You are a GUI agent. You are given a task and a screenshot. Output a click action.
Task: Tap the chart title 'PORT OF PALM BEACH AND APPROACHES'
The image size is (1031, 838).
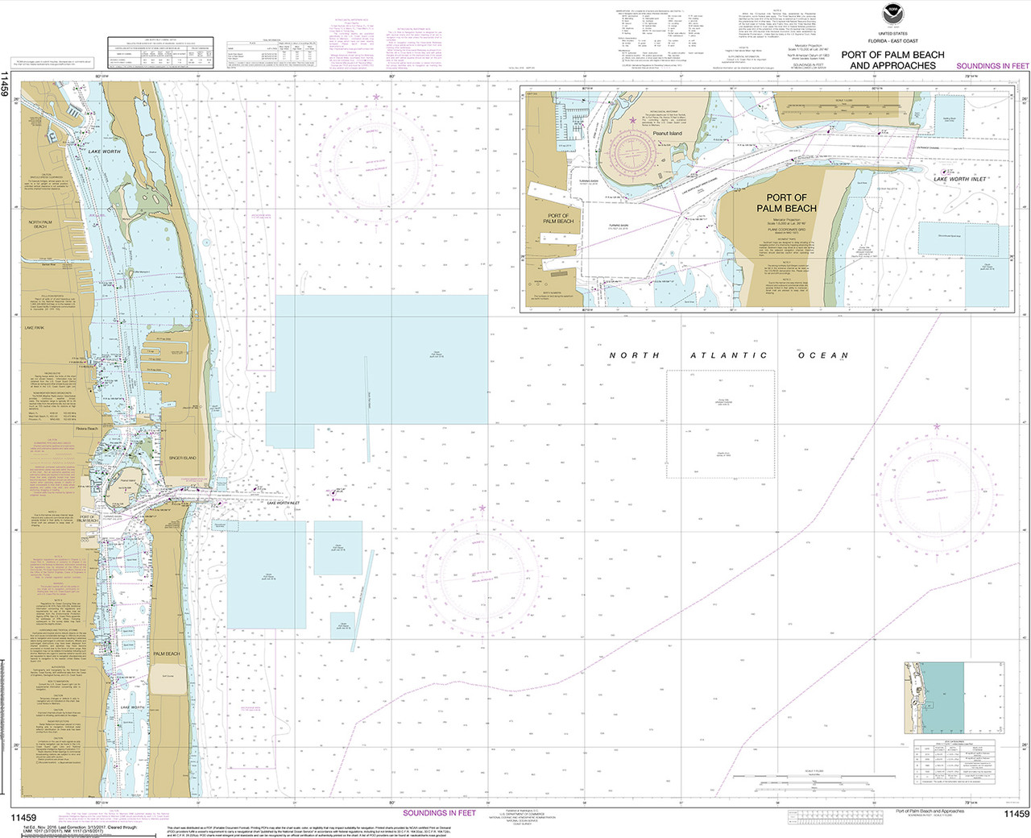[x=892, y=60]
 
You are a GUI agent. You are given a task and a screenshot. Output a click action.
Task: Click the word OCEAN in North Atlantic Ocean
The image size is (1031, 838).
[x=823, y=355]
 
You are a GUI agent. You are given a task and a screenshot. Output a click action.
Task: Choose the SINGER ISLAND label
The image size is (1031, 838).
[x=183, y=458]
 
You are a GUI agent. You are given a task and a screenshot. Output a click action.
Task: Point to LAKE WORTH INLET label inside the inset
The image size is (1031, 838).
[x=960, y=180]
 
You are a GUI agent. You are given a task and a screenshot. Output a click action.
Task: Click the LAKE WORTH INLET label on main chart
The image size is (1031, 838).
[x=283, y=503]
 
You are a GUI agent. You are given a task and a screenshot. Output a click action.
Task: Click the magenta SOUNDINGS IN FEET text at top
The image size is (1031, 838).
[x=992, y=66]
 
